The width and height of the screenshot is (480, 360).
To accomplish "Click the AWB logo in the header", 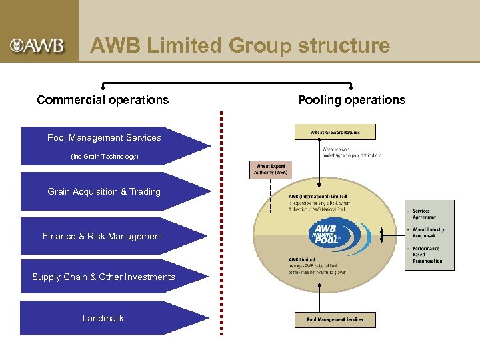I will [37, 45].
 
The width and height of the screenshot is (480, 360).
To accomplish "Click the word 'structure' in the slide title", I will [344, 45].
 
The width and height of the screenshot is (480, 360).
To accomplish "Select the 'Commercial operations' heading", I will [103, 100].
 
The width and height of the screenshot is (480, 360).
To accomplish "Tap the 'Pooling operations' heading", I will [351, 100].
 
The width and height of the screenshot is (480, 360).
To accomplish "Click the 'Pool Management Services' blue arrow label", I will [104, 138].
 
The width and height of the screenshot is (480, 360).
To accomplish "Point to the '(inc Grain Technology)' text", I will [104, 157].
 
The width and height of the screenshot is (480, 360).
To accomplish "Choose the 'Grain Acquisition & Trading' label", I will [104, 192].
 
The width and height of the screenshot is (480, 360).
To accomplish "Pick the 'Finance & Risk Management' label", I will [103, 237].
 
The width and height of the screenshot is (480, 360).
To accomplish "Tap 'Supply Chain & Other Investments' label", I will [103, 277].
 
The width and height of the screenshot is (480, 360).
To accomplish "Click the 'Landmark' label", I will [103, 319].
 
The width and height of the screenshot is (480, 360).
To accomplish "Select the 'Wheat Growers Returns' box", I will [335, 132].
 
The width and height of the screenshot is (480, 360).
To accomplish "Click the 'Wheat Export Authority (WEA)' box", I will [270, 170].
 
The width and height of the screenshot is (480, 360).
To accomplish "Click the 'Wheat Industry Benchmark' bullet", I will [428, 233].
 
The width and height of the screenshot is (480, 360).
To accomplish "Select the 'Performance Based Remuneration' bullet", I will [427, 255].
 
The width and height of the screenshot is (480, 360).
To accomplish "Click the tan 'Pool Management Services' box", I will [335, 319].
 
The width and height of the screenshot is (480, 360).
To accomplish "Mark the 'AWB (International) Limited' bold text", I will [318, 197].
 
